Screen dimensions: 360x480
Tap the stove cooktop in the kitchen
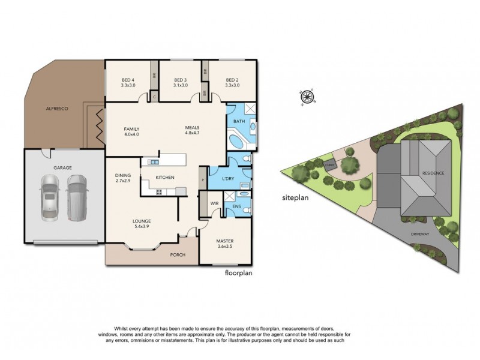[160, 191]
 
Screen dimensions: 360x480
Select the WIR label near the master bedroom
[214, 204]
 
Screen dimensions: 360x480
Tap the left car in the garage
[49, 197]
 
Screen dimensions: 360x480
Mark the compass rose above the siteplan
[308, 97]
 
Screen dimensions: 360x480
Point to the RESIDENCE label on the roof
[433, 173]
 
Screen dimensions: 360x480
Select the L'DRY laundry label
[227, 180]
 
